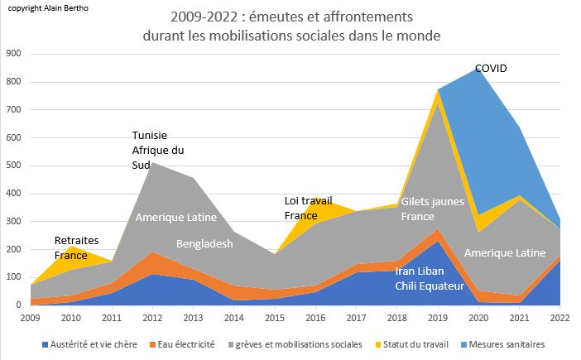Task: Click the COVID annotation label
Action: point(491,69)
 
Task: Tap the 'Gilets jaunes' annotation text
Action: point(431,202)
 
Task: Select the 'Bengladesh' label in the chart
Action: point(204,245)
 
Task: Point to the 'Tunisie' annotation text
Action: point(151,136)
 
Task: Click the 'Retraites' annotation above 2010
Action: point(76,241)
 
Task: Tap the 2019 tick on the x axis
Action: point(438,318)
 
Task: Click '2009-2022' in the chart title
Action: point(209,17)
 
